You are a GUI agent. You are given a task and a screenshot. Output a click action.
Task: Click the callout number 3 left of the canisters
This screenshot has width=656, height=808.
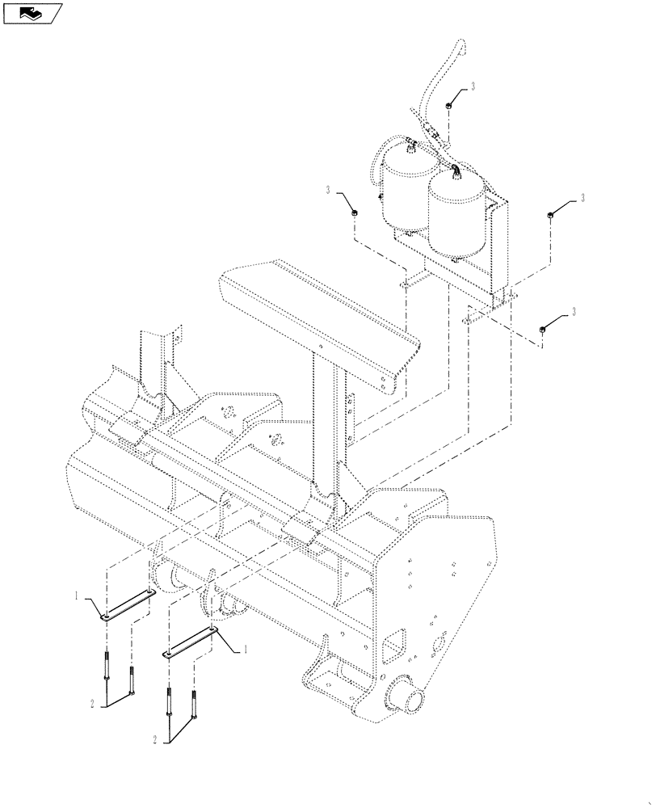pos(329,190)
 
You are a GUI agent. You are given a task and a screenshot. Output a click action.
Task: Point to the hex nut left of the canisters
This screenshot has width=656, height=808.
pos(354,212)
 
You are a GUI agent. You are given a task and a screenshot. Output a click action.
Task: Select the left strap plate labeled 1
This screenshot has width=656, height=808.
pos(128,606)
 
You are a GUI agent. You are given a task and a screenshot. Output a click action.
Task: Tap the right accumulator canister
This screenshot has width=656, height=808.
pos(457,215)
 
